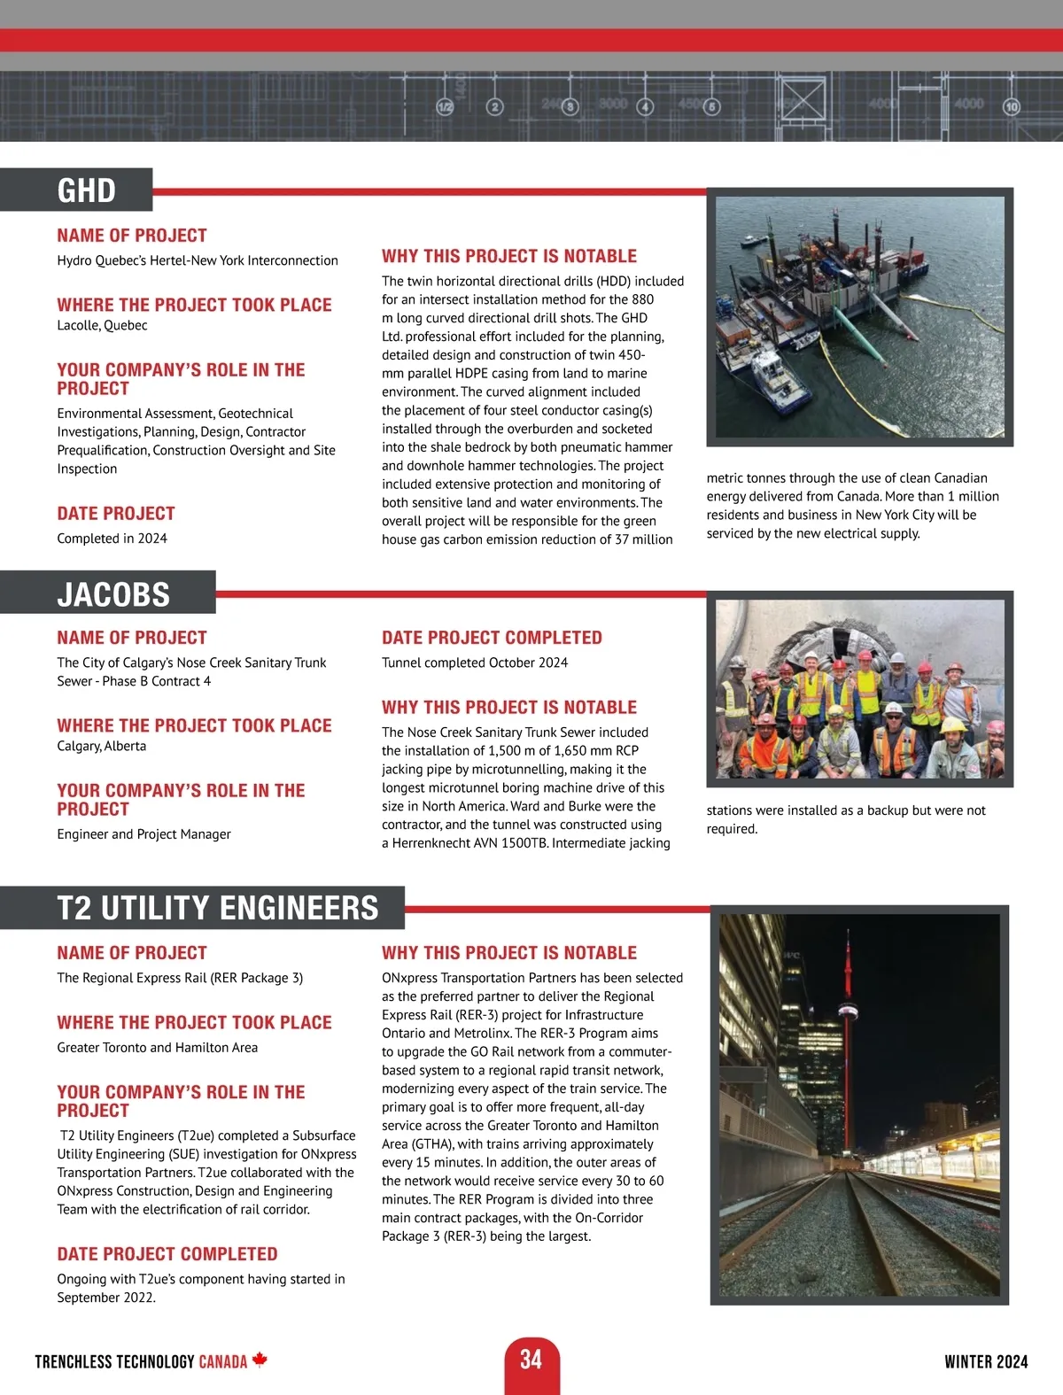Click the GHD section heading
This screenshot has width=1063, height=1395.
click(87, 190)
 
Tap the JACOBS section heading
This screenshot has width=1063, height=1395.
click(113, 594)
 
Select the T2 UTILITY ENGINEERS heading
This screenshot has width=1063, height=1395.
click(218, 909)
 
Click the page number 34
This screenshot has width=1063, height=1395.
click(531, 1360)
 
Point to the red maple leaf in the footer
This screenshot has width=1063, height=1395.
click(260, 1360)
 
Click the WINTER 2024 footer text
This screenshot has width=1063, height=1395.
click(986, 1362)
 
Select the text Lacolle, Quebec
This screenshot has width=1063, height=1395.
click(102, 326)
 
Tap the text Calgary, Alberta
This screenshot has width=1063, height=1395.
click(102, 747)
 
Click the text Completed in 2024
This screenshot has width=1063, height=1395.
click(112, 539)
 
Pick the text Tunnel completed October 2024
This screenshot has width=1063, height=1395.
click(475, 663)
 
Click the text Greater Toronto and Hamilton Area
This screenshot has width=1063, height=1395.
click(158, 1048)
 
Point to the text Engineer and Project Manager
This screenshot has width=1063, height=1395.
click(144, 834)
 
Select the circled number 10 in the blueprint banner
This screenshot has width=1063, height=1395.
click(1011, 107)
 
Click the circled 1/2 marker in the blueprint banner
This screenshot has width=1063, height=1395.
click(445, 107)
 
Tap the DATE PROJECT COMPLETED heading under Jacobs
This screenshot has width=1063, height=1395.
click(492, 638)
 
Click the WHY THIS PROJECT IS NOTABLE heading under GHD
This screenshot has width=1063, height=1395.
click(509, 257)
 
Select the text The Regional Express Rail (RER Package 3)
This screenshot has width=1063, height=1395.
click(180, 978)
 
